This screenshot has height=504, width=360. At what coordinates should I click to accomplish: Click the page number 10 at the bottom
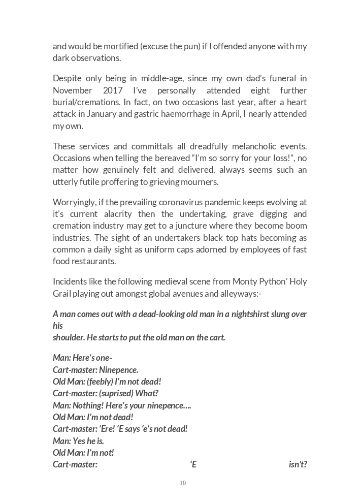(183, 483)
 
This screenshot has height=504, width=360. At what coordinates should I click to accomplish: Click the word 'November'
(71, 90)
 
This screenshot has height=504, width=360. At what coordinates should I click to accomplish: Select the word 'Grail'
(62, 293)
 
